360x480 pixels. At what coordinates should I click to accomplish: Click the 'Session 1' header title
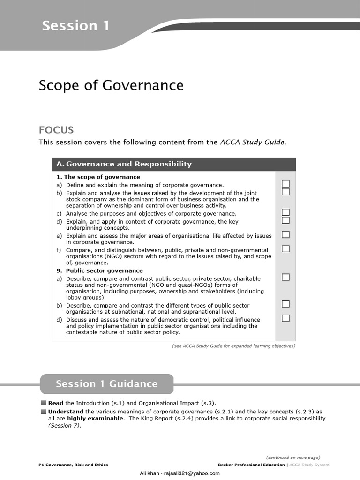coord(75,25)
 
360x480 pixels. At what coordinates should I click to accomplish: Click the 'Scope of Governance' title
coord(111,85)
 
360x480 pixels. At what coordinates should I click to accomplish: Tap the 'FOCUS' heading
coord(56,130)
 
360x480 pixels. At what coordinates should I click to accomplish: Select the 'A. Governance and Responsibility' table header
coord(124,164)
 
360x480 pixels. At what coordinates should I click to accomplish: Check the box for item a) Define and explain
coord(285,184)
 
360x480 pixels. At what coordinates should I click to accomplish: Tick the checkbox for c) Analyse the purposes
coord(285,212)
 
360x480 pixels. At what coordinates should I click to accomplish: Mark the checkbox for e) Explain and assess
coord(285,234)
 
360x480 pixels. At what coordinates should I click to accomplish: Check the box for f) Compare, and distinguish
coord(285,248)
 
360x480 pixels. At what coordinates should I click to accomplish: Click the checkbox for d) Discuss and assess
coord(285,318)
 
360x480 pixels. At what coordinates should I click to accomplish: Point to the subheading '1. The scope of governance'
coord(98,177)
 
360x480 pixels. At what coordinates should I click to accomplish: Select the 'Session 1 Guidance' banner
coord(106,384)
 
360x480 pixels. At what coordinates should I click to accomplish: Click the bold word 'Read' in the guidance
coord(55,403)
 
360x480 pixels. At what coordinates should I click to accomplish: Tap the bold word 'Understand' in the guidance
coord(66,412)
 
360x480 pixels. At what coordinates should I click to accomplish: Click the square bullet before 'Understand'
coord(44,412)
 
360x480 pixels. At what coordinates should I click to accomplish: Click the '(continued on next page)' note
coord(293,457)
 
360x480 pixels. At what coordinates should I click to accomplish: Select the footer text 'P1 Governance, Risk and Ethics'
coord(73,465)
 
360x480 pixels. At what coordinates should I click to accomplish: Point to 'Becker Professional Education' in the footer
coord(251,465)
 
